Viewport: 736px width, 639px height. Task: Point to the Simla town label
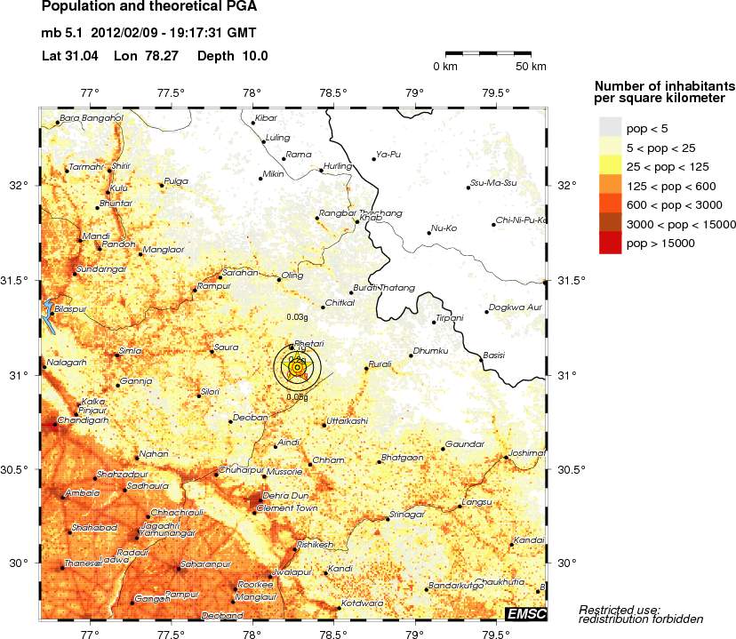click(130, 351)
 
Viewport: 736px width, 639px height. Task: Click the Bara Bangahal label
click(90, 117)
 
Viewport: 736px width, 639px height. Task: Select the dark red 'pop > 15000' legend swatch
click(610, 243)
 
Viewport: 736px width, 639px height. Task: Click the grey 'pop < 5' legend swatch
click(610, 129)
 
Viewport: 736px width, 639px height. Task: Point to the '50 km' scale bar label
click(531, 67)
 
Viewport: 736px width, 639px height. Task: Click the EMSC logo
click(525, 614)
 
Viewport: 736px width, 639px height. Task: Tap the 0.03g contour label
click(297, 316)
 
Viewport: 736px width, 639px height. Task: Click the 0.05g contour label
click(298, 397)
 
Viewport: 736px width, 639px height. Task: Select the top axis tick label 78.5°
click(333, 92)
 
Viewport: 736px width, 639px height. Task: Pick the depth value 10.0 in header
click(251, 56)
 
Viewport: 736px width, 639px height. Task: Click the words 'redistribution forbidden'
click(641, 619)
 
